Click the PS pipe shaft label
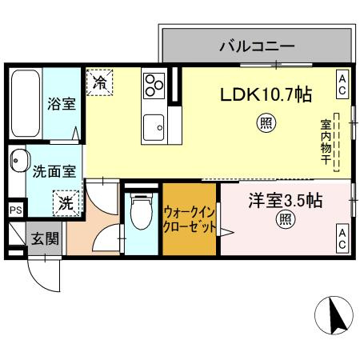click(14, 210)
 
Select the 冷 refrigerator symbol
click(99, 81)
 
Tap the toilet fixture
click(140, 217)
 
